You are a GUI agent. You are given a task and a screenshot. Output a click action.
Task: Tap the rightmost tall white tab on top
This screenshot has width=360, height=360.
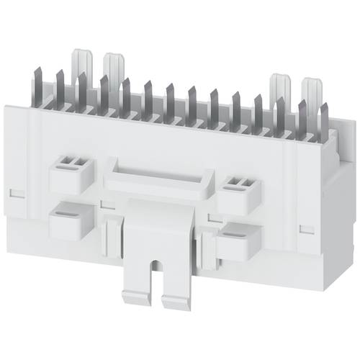pyautogui.click(x=312, y=90)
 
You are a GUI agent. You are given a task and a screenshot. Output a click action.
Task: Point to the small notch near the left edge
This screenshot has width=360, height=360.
pyautogui.click(x=15, y=192)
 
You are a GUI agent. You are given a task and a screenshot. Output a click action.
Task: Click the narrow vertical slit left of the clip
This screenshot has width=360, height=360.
pyautogui.click(x=109, y=234)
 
